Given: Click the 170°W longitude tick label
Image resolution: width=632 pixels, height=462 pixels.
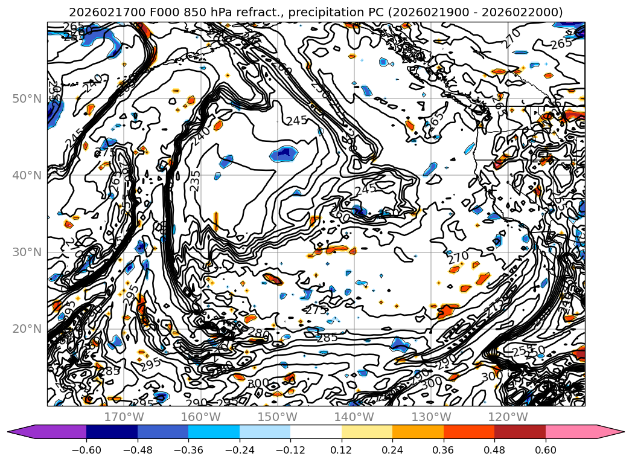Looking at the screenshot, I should pos(124,417).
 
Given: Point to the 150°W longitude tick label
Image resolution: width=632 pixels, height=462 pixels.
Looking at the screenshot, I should pos(278,417).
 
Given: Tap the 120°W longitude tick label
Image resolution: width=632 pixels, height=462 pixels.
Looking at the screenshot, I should pos(508,417).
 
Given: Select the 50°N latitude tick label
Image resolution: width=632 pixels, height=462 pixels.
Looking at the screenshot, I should pos(27,98).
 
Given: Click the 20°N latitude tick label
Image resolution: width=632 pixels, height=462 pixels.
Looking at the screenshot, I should pos(27,329).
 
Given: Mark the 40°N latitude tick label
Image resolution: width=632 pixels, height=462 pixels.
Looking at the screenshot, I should pos(27,175).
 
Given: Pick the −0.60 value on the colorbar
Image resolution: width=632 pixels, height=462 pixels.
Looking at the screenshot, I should pos(86,449).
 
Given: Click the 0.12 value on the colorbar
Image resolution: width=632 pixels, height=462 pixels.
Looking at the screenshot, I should pos(342,449).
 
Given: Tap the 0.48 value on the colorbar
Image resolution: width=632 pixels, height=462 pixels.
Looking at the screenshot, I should pos(494,449).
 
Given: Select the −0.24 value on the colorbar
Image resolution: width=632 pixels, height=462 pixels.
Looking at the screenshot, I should pos(239,449).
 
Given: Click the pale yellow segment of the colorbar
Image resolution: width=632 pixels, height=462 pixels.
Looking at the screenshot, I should pos(367,432).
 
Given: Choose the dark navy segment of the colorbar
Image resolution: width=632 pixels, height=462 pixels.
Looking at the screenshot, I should pos(112,432).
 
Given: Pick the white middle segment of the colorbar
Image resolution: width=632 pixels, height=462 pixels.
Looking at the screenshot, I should pos(316,432).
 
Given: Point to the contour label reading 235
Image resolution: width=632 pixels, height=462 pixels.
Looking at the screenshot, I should pos(194,181).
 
